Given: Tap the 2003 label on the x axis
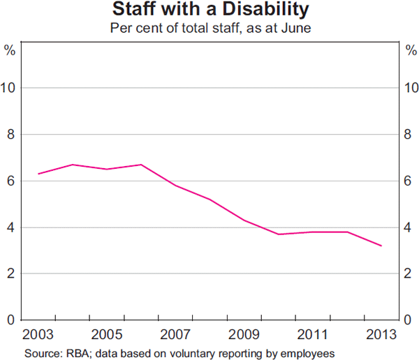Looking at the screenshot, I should pos(38,333).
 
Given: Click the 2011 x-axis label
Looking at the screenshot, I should pos(312,333).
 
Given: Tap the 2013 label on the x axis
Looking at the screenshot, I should pos(381,333).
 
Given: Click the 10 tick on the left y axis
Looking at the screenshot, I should pos(10,88).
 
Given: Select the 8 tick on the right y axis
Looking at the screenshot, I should pos(409,135).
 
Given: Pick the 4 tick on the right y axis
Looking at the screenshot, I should pos(409,227).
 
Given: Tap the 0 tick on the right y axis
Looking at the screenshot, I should pos(409,320).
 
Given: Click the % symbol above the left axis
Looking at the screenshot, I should pos(10,50).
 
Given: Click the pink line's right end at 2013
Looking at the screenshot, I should pos(381,246).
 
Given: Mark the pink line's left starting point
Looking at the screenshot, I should pos(38,174).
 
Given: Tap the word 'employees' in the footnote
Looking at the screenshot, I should pos(301,352).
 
